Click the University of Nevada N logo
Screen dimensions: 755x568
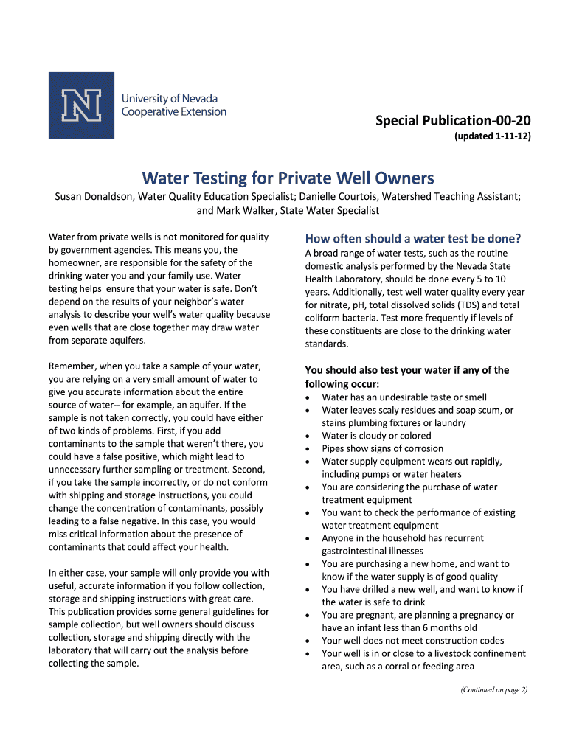click(x=81, y=105)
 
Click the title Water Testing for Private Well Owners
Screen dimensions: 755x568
click(x=288, y=178)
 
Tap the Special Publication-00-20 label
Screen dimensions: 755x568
click(x=453, y=120)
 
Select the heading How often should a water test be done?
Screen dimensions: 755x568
click(x=413, y=238)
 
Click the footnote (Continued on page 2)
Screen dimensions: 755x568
click(x=493, y=690)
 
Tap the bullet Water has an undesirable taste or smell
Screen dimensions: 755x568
click(x=404, y=397)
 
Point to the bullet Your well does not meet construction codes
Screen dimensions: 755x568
click(x=413, y=641)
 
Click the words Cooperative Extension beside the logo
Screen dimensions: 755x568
click(x=173, y=112)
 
